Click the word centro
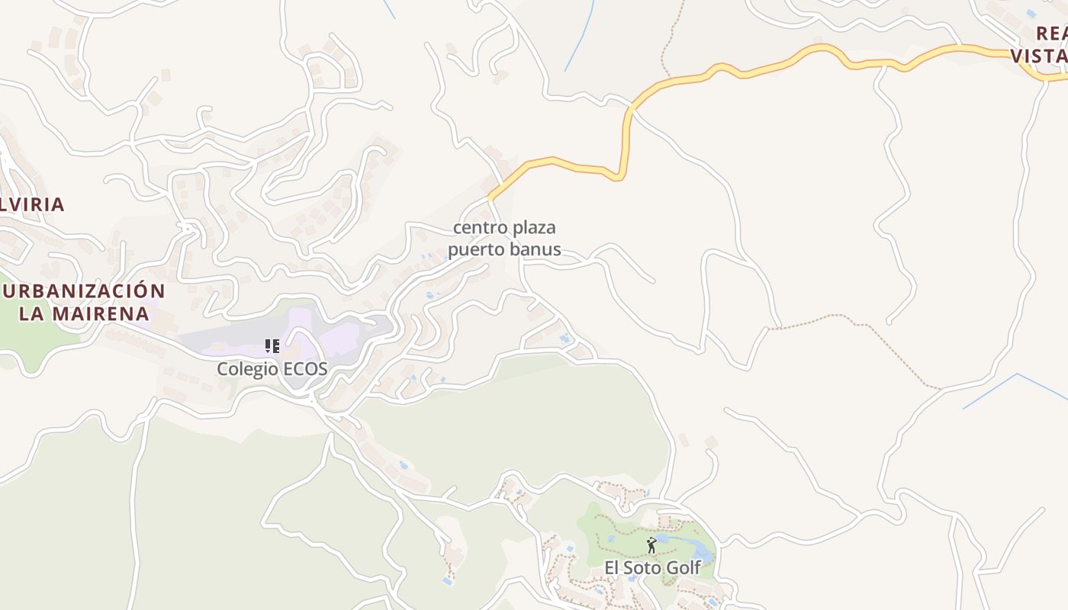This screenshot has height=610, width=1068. pos(477,227)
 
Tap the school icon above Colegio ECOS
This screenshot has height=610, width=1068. pos(272,346)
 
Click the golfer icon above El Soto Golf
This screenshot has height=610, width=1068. pos(651,545)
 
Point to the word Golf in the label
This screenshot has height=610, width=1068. pos(684,568)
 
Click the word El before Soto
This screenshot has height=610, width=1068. pos(613,568)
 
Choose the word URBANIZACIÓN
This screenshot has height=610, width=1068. pos(84,291)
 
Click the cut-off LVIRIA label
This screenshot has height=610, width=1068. pos(32,204)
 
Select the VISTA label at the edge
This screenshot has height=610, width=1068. pos(1039,55)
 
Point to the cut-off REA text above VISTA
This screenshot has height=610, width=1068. pos(1051,34)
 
